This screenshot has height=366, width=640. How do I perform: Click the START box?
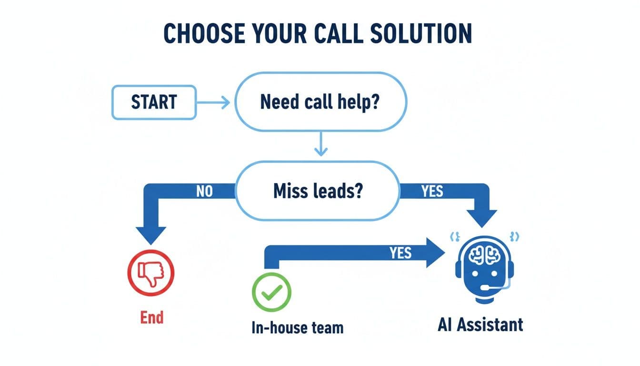pyautogui.click(x=153, y=102)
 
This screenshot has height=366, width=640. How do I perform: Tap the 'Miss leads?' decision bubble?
pyautogui.click(x=318, y=192)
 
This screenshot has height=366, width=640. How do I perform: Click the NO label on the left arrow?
pyautogui.click(x=204, y=192)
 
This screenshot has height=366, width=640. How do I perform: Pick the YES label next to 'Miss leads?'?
pyautogui.click(x=432, y=192)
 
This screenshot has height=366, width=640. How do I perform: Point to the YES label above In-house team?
pyautogui.click(x=400, y=253)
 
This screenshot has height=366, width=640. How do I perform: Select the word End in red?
pyautogui.click(x=152, y=317)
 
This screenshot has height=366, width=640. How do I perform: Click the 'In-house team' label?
pyautogui.click(x=298, y=328)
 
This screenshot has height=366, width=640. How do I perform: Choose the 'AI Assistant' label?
pyautogui.click(x=480, y=325)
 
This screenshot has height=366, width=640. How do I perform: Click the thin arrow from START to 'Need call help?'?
pyautogui.click(x=213, y=102)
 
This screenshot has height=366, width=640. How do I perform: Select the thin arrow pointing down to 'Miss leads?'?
pyautogui.click(x=321, y=145)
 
